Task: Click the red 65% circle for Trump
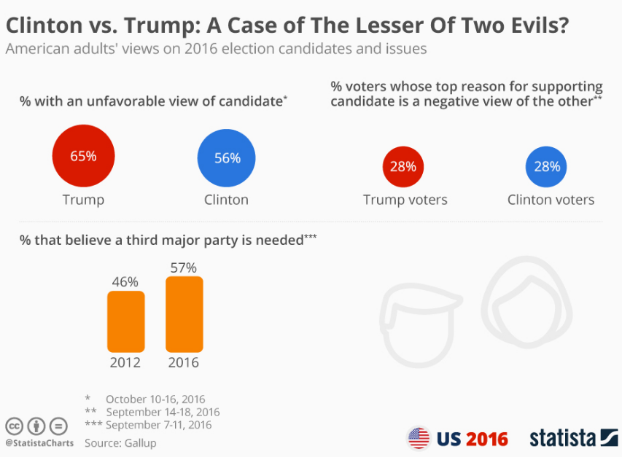click(x=83, y=157)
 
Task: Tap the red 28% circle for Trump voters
click(x=403, y=167)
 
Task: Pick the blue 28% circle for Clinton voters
click(x=547, y=167)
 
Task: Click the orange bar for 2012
click(x=125, y=321)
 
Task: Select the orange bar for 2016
click(x=184, y=314)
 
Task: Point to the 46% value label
click(x=125, y=282)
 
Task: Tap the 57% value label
click(x=184, y=267)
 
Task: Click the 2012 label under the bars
click(x=125, y=362)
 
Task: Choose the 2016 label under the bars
click(x=184, y=362)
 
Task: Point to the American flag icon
click(x=419, y=438)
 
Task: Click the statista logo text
click(x=564, y=438)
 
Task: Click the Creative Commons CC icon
click(x=15, y=426)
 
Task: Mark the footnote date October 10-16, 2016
click(x=155, y=399)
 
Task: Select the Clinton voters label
click(x=551, y=200)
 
